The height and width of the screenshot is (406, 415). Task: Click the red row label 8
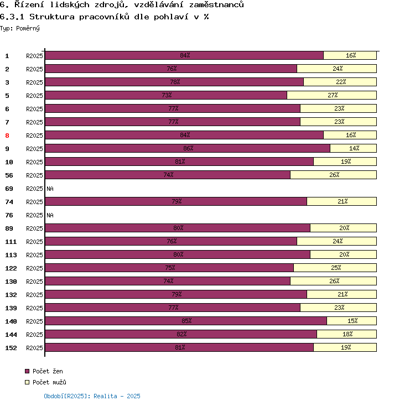point(7,136)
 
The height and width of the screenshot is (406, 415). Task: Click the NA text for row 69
point(50,189)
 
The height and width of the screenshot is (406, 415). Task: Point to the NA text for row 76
point(50,215)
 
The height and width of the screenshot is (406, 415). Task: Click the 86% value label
point(188,148)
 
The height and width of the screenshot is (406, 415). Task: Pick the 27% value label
point(333,95)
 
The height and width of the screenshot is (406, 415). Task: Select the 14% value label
point(354,148)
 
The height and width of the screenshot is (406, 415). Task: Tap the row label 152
point(11,348)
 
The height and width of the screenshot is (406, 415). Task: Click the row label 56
point(9,175)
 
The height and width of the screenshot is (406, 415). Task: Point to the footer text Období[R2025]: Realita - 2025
point(92,396)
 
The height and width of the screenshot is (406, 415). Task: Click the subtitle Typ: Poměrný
point(20,28)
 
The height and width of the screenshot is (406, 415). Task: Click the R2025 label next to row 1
point(34,56)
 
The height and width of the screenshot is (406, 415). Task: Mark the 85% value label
point(186,321)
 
